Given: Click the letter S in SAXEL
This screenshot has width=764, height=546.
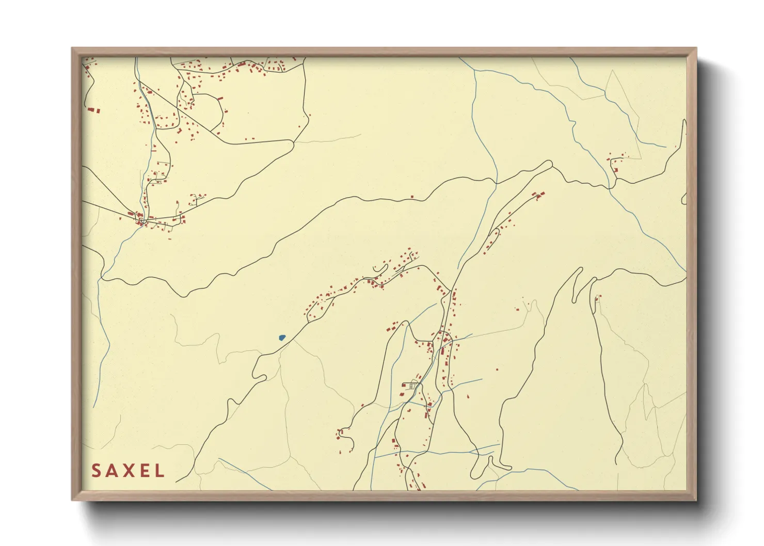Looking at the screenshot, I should point(96,471).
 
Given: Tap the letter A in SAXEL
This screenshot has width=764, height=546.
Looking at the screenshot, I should point(112,471).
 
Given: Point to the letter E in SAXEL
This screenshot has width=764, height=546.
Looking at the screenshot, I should point(144,471).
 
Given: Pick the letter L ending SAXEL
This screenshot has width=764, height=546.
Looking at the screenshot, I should point(159,471).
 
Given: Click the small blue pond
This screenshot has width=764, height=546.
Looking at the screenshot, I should point(281,338).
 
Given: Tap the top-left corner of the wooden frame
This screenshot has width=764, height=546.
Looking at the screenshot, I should point(72,49).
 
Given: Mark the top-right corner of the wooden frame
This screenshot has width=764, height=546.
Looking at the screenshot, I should point(696,49).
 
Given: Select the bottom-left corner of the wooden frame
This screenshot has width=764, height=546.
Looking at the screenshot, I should point(72,500).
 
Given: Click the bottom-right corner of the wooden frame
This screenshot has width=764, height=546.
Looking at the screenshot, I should point(696,500).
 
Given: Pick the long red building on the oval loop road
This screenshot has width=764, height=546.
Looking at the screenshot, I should point(219,98).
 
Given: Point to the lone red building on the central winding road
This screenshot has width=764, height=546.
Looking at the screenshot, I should point(412,197).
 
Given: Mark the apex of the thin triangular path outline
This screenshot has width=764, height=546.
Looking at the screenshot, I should point(613,71).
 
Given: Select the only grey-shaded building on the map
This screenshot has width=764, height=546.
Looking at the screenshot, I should point(412,385).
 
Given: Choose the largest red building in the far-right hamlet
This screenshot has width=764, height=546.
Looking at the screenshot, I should point(615,169).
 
